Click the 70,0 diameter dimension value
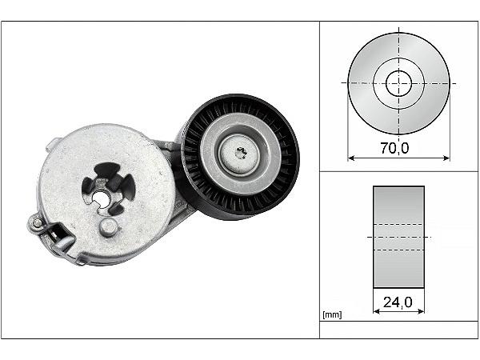tap(394, 148)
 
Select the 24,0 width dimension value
tap(398, 302)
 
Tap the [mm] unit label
tap(332, 314)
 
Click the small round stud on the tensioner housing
tap(108, 227)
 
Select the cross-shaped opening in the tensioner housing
tap(108, 188)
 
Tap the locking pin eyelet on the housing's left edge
tap(37, 222)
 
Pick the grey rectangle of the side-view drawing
tap(398, 237)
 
